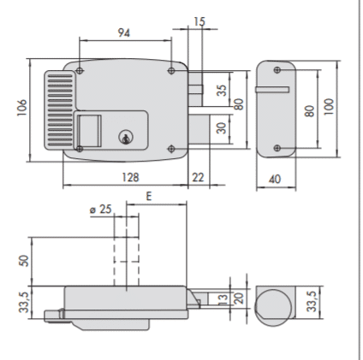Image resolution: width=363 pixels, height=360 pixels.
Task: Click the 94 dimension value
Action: point(124,32)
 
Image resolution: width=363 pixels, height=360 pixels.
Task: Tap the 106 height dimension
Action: point(22,108)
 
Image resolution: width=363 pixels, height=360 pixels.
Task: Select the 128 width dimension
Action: point(130,177)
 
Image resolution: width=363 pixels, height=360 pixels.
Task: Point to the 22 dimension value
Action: point(198,177)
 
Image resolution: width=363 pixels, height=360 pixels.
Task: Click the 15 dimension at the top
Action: point(199,21)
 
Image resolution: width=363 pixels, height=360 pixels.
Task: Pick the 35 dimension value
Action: point(222,90)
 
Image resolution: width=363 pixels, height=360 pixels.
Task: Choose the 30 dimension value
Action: point(222,127)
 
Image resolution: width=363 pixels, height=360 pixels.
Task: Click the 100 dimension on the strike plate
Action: point(329,107)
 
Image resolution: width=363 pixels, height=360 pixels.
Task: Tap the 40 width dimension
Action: point(275,180)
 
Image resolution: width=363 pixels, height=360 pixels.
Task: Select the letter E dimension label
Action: point(149,196)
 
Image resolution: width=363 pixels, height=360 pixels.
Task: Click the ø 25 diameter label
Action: point(100,210)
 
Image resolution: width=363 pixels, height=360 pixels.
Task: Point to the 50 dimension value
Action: point(25,261)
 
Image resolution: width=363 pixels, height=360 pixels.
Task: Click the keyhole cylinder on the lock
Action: point(126,137)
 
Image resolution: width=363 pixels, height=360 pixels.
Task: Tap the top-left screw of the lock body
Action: point(80,70)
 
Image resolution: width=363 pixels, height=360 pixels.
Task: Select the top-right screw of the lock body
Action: point(171,70)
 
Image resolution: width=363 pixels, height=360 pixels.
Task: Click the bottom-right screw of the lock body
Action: point(171,149)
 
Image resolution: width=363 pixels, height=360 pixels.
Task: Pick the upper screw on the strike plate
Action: point(277,70)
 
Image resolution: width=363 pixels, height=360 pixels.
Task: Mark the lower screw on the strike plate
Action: point(277,148)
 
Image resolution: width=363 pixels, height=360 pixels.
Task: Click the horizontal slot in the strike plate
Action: point(272,90)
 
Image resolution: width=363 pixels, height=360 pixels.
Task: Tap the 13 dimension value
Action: point(223,298)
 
